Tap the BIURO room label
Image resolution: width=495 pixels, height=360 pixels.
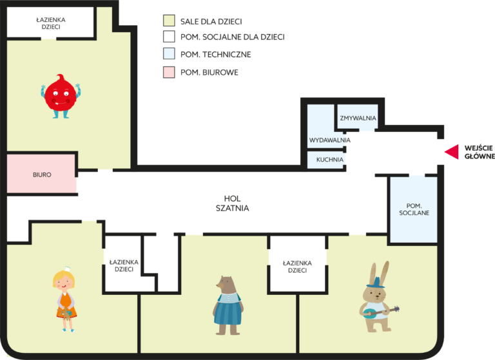pos(42,175)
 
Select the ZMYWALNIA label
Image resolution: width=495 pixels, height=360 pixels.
pos(358,118)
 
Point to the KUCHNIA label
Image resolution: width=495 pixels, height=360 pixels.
pos(330,160)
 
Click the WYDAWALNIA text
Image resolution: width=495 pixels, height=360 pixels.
pos(329,140)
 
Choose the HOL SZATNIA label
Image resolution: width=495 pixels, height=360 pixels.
pos(232,204)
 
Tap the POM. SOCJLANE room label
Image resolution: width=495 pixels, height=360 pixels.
pos(414,209)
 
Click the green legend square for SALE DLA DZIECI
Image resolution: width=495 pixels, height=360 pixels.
pos(169,21)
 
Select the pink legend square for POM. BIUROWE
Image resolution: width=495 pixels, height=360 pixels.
pos(169,72)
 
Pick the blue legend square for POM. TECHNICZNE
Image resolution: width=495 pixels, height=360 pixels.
pos(169,53)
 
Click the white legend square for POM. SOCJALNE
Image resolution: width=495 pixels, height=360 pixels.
pos(169,36)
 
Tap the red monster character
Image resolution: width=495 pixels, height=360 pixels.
pos(61,97)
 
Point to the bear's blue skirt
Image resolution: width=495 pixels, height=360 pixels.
pos(228,312)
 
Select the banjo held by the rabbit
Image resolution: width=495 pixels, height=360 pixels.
pos(381,312)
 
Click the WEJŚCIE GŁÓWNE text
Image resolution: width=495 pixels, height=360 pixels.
pos(480,152)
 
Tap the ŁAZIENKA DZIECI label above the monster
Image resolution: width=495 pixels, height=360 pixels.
pos(51,23)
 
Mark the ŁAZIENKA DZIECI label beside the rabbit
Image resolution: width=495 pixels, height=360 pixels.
pos(297,267)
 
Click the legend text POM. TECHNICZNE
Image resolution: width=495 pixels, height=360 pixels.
pos(216,55)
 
